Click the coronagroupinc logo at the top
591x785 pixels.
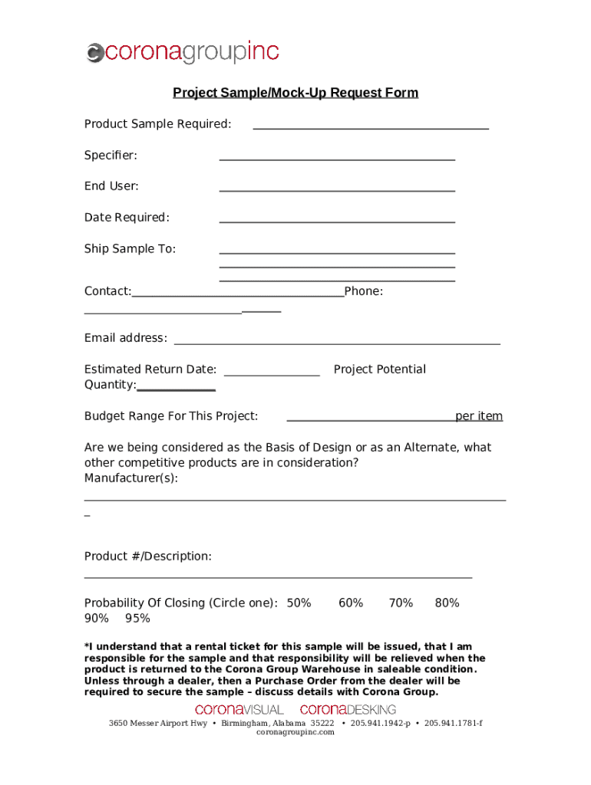coord(182,52)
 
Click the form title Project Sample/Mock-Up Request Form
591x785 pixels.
coord(295,93)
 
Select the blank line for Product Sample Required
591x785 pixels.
coord(371,127)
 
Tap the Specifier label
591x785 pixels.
coord(111,156)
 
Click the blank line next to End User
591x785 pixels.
coord(337,189)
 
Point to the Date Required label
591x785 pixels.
coord(127,218)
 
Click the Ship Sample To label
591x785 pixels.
coord(130,249)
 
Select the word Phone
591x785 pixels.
coord(364,291)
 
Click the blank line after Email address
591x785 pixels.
coord(337,343)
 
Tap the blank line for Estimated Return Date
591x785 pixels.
coord(271,374)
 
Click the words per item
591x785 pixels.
coord(479,416)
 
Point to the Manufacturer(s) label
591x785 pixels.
coord(130,478)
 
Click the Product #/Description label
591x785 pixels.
coord(147,556)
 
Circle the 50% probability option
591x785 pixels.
coord(299,603)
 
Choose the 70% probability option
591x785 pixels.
coord(401,603)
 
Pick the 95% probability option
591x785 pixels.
coord(137,619)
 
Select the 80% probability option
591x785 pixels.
coord(447,603)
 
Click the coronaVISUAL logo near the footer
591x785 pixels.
coord(239,710)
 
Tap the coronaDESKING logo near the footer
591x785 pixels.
coord(348,710)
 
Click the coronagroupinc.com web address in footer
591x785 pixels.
coord(295,732)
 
